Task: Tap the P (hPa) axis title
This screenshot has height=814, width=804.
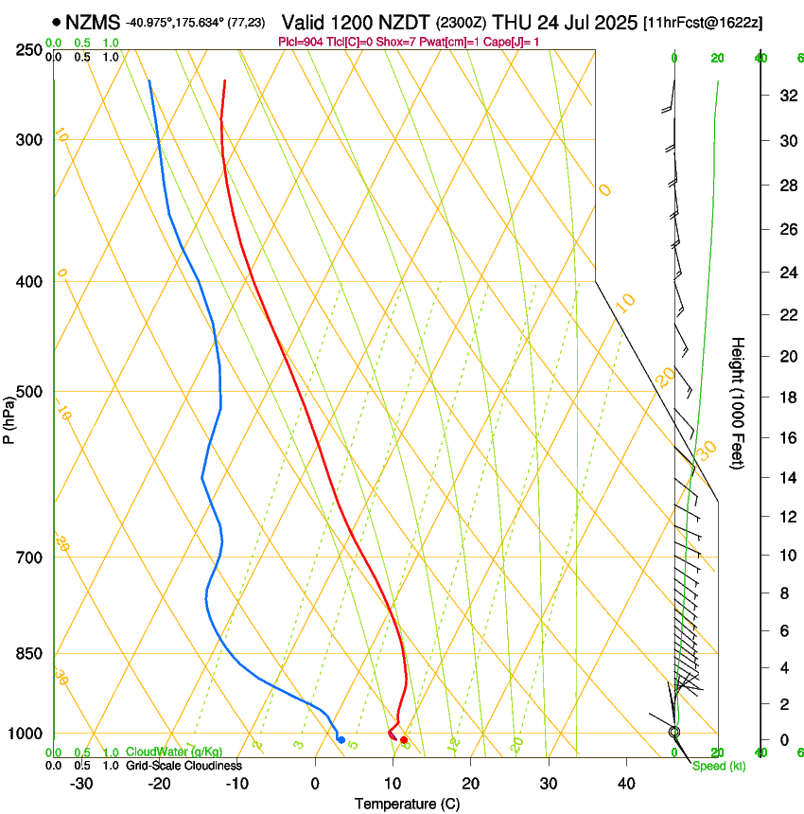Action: (9, 416)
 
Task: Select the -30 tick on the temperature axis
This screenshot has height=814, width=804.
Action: (81, 784)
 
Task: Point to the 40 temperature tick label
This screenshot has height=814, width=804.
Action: (625, 784)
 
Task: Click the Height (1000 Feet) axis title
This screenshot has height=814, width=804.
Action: (738, 403)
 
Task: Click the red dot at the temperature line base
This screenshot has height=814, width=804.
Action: (404, 739)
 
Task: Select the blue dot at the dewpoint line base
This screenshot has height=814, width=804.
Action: (341, 739)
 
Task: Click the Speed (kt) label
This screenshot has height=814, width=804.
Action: (719, 766)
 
